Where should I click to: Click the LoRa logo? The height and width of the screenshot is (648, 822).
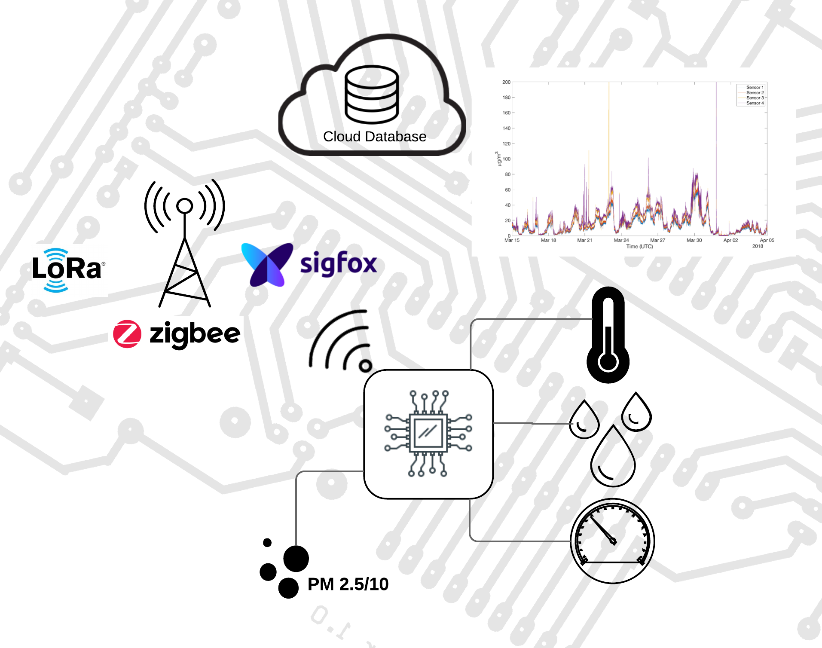click(x=69, y=270)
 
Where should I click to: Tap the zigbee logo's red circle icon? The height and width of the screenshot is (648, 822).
click(x=127, y=334)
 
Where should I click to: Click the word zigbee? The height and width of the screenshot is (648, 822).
click(x=195, y=335)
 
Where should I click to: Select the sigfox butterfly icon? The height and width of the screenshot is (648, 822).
click(x=267, y=264)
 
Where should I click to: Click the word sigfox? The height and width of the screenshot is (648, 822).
click(x=339, y=263)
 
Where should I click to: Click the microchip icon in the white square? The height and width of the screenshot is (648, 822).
click(x=428, y=434)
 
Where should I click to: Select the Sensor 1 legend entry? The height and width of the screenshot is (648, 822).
click(x=755, y=88)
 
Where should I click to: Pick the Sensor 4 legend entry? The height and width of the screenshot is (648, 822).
click(x=755, y=103)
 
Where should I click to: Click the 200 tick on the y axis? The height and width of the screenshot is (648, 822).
click(x=506, y=82)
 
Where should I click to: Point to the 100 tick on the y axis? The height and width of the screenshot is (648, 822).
click(x=507, y=159)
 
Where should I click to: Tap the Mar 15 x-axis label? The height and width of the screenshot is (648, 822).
click(x=512, y=240)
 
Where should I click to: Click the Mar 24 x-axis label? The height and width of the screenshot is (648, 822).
click(x=621, y=240)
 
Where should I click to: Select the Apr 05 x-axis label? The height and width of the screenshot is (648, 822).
click(x=767, y=240)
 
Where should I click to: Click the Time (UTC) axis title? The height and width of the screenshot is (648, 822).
click(x=639, y=247)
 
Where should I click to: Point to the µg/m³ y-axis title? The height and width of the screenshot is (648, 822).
click(x=498, y=159)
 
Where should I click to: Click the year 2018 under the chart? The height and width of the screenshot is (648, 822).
click(x=758, y=246)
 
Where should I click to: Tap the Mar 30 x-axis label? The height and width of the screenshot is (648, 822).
click(x=694, y=240)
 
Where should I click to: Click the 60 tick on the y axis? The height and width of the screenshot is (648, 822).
click(x=508, y=190)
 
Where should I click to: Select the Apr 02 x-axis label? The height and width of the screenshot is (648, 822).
click(x=730, y=240)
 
